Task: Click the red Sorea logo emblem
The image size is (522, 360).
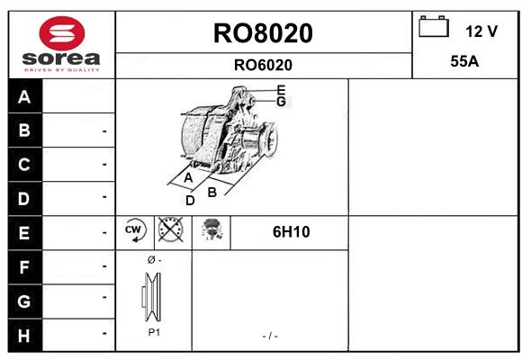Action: pos(62,33)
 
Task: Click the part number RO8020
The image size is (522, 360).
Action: pos(263,33)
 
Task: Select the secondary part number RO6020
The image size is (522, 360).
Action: pos(263,65)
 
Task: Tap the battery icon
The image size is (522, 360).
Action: pos(434,26)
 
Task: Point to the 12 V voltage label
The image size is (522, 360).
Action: pos(481,31)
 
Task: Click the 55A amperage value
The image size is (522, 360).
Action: pos(464,61)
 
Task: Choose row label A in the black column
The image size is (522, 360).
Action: pos(24,97)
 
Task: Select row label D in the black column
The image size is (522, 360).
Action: pos(23,199)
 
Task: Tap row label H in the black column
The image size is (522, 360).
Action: pos(23,336)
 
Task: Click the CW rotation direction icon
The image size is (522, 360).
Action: pos(135,229)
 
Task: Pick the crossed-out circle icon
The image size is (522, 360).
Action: pos(170,229)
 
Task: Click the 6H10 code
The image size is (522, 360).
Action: pos(291,232)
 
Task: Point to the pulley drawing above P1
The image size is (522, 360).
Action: pos(151,297)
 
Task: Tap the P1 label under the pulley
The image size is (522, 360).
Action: pos(154,332)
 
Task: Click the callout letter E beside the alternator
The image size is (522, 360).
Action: pos(282,90)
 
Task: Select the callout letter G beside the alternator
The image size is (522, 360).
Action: pos(282,101)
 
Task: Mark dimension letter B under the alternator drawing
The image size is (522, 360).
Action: pos(212,193)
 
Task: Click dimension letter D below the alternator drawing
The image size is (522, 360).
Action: pos(190,201)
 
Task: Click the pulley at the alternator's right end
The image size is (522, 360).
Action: pos(268,139)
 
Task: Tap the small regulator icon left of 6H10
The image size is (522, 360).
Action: pos(211,229)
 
